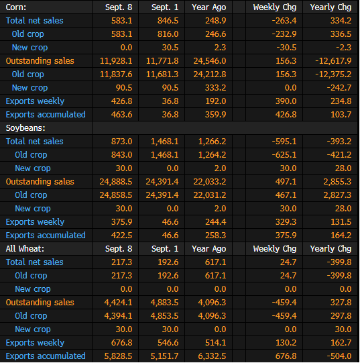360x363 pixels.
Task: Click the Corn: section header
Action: click(16, 7)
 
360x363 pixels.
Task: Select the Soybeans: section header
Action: click(25, 128)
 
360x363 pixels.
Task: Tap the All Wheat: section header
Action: click(25, 249)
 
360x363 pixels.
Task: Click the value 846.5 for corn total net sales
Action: click(168, 21)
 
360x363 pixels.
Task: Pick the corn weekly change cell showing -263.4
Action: click(284, 21)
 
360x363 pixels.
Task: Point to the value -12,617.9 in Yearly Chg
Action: click(333, 61)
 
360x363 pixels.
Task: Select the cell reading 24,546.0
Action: click(210, 61)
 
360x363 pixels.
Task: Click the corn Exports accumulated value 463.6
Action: click(122, 115)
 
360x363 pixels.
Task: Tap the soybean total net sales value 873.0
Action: click(122, 142)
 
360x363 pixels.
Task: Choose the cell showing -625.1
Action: click(284, 155)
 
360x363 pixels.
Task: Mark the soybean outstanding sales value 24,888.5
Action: click(116, 182)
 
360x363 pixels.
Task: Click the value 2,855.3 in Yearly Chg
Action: click(338, 182)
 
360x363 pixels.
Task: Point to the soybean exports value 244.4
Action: click(216, 222)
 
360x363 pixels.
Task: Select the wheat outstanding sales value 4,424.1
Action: click(118, 303)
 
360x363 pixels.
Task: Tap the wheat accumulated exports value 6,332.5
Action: click(212, 356)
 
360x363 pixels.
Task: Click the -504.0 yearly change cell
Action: click(339, 356)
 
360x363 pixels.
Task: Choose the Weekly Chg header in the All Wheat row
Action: click(275, 249)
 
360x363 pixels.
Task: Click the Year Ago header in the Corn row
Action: click(209, 7)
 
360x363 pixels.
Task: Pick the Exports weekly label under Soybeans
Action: click(35, 222)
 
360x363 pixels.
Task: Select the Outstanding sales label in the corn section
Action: click(40, 61)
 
